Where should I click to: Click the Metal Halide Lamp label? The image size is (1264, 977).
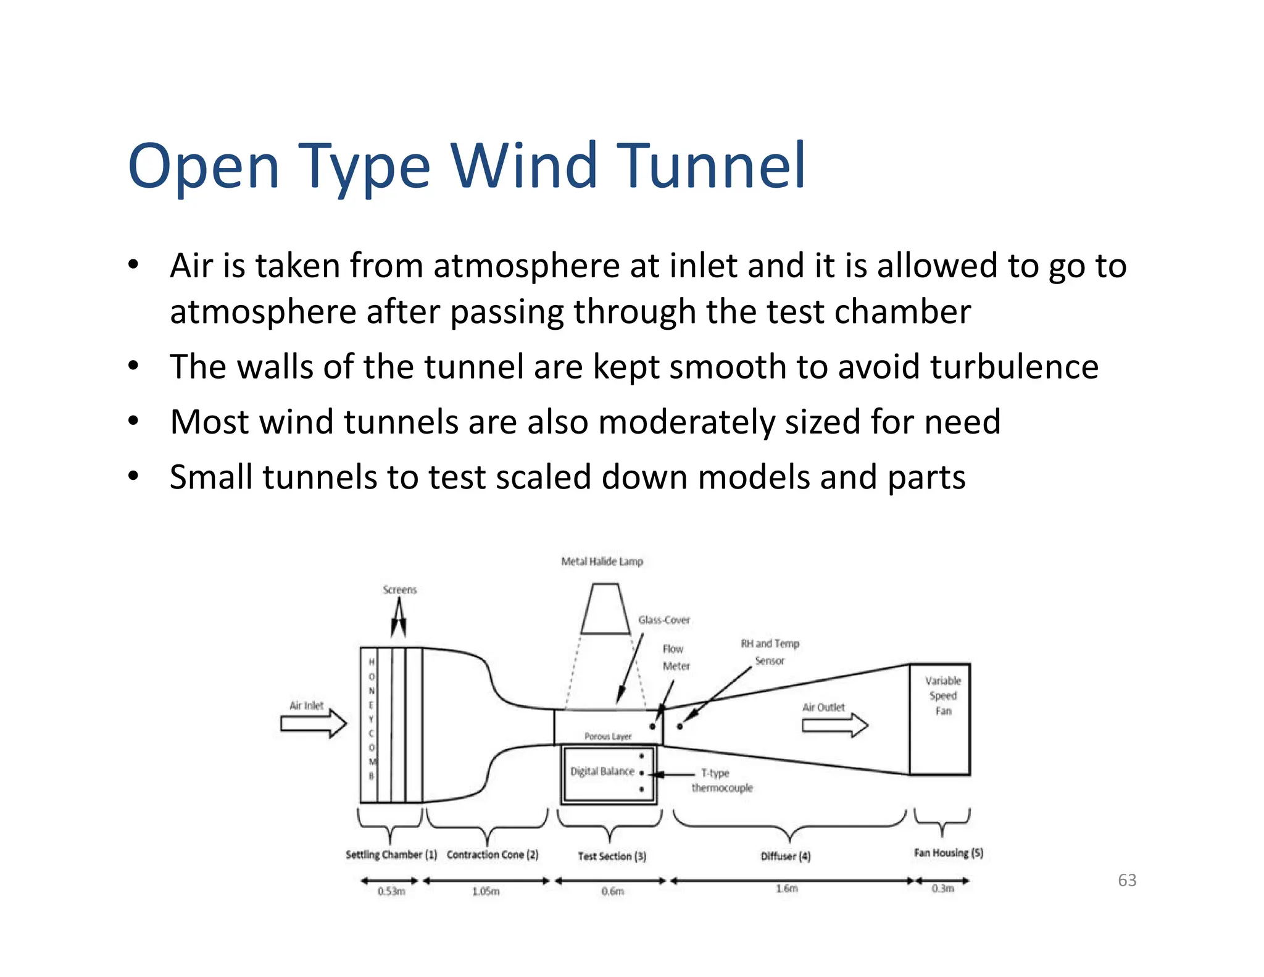point(602,561)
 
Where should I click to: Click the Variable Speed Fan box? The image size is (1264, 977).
point(940,719)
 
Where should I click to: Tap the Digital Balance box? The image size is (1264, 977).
point(608,774)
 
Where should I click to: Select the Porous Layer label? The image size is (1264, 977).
point(608,736)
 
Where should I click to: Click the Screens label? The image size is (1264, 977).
point(399,590)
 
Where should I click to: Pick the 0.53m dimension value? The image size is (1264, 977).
point(391,891)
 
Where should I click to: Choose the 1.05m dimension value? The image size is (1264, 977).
point(486,891)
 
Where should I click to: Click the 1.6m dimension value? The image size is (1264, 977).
point(787,889)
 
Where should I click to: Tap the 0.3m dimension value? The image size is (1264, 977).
point(942,889)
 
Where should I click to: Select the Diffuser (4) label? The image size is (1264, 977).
point(786,856)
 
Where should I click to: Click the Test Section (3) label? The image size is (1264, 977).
point(612,856)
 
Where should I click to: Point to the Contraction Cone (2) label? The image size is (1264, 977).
point(493,855)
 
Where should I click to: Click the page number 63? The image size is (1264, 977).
point(1127,880)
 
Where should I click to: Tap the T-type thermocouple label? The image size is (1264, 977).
point(720,781)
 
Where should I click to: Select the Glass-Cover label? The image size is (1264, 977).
point(664,620)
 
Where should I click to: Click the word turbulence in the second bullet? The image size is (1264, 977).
point(1014,367)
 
